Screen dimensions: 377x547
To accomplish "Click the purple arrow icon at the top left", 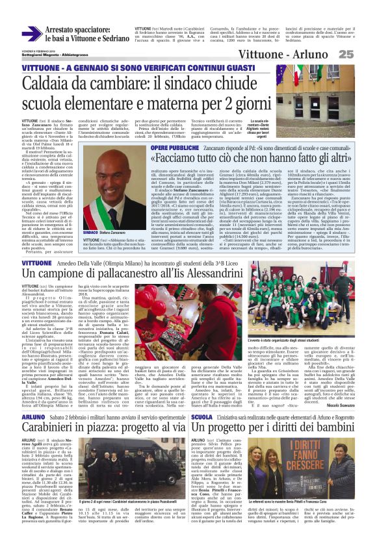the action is [x=31, y=33].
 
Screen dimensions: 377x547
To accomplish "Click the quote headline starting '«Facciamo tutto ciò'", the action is [x=250, y=159].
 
